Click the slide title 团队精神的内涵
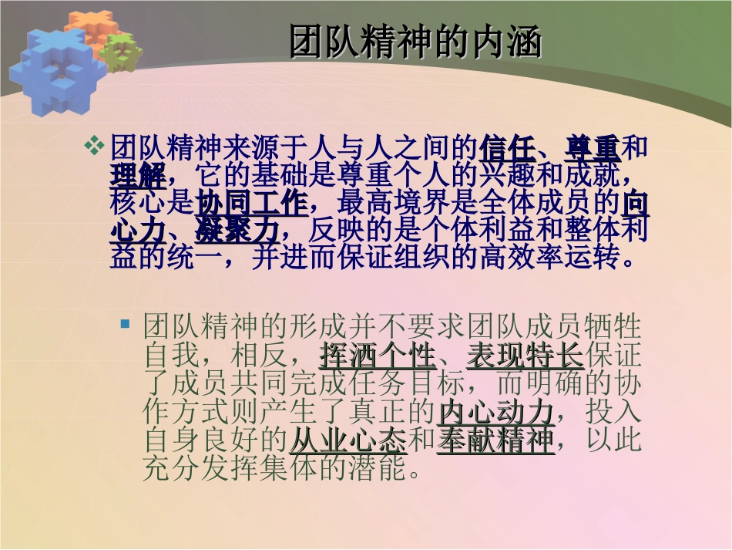click(415, 42)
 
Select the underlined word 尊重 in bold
click(593, 147)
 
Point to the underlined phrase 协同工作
click(252, 203)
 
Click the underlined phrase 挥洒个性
click(377, 356)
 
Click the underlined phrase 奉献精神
click(495, 440)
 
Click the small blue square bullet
click(125, 325)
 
